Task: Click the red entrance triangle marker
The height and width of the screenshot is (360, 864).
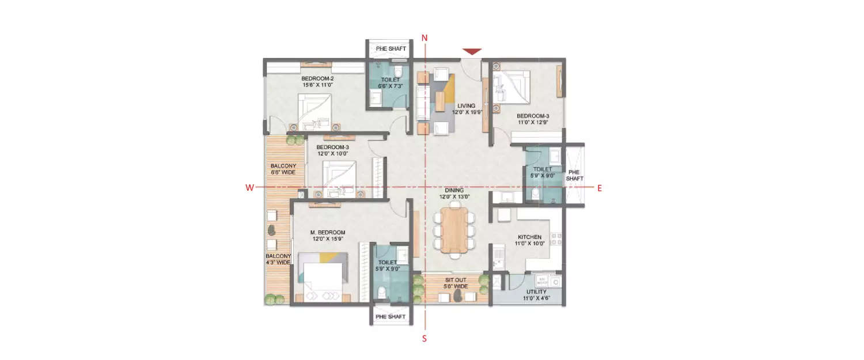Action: point(472,52)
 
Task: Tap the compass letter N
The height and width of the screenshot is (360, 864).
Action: point(425,38)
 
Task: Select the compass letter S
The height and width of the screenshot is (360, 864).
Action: point(425,339)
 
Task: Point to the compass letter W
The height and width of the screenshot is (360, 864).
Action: point(249,188)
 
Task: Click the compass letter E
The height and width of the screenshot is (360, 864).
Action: point(600,188)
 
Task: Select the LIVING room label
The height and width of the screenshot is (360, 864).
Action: point(467,106)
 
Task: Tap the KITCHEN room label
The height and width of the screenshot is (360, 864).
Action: point(529,237)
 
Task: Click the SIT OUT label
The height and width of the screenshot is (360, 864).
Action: point(452,280)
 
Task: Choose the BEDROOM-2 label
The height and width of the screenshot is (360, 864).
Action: point(317,78)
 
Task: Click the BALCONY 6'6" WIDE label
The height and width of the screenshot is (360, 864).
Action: point(283,169)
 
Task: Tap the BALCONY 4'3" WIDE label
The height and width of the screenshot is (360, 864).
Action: point(278,259)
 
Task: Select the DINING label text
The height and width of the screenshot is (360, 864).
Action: point(454,190)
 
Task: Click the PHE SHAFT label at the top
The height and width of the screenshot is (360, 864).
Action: point(391,49)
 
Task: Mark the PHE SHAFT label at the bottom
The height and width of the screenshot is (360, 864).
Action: point(391,317)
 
